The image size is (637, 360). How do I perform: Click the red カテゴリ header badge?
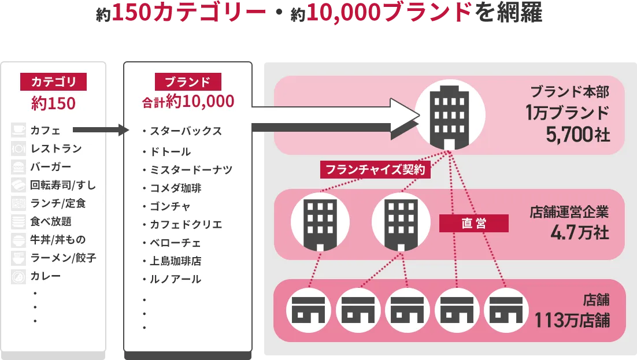(53, 81)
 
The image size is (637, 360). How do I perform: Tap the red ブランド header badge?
(188, 81)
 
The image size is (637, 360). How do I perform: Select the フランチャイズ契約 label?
(375, 169)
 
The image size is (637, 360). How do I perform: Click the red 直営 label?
(473, 223)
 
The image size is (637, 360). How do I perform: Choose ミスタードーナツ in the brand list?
(191, 169)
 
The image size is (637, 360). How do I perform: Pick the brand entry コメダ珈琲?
(176, 188)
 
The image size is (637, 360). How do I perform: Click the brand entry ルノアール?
(176, 279)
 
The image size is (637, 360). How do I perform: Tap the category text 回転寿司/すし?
(63, 185)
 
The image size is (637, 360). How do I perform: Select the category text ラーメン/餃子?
(63, 258)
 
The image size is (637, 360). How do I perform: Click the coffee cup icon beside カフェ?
(18, 130)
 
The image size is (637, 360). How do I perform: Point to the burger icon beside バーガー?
(18, 166)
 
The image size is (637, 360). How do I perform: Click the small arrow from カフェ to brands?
(101, 130)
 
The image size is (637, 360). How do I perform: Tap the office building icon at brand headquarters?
(449, 117)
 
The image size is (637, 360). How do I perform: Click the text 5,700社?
(577, 134)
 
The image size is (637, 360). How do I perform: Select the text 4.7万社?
(580, 232)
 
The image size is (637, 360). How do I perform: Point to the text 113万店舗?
(572, 320)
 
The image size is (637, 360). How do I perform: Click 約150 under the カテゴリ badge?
(53, 103)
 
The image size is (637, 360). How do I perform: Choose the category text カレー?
(46, 276)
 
